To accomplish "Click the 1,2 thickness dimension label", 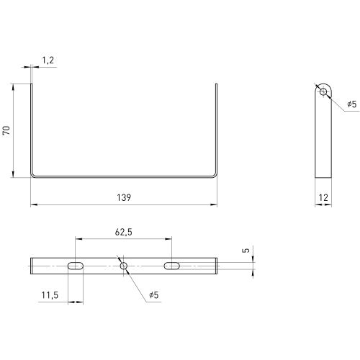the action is [48, 60].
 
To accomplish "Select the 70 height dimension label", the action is [6, 130].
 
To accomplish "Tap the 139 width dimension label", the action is [124, 197].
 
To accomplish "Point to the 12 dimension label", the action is [323, 197].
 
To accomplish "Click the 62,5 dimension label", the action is [124, 232].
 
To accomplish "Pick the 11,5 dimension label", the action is [50, 295].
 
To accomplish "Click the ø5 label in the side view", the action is [352, 104].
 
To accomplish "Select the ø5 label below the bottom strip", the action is [154, 294].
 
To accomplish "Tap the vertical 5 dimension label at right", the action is [246, 250].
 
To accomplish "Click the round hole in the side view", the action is [323, 91].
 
